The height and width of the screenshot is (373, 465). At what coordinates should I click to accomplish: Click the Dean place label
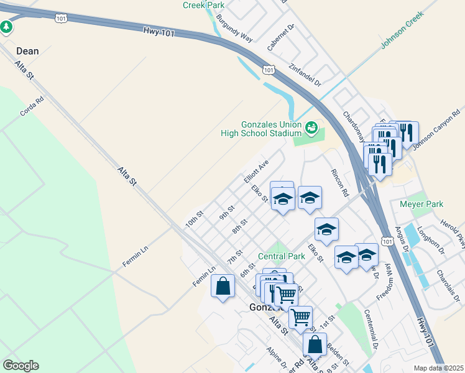[28, 52]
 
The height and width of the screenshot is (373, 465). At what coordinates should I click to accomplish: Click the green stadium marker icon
[311, 129]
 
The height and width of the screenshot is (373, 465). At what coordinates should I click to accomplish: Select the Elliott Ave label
[256, 170]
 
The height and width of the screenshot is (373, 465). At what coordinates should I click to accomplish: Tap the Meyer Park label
[425, 204]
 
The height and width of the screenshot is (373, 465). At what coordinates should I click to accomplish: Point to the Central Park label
[282, 256]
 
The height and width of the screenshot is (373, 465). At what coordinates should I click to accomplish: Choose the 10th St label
[194, 218]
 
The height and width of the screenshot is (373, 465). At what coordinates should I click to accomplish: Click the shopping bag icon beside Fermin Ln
[223, 287]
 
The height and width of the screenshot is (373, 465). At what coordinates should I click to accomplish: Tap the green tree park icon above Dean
[7, 27]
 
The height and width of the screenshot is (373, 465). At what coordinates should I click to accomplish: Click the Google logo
[21, 365]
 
